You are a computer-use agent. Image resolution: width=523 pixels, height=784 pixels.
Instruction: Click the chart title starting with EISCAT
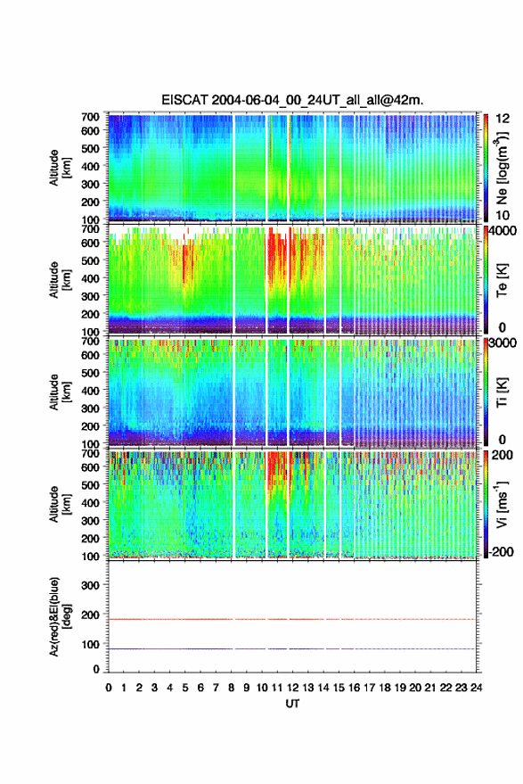(292, 100)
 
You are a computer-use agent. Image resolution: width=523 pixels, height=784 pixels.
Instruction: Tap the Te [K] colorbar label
(502, 280)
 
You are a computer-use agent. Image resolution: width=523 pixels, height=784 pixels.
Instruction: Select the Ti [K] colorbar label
(502, 392)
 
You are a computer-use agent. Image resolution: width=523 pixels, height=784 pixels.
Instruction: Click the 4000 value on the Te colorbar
(502, 230)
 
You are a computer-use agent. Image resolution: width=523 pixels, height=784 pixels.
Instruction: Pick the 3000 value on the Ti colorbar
(502, 343)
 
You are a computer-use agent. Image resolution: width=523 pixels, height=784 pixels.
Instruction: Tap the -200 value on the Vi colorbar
(501, 551)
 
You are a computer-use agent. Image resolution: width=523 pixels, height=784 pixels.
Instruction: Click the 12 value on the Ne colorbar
(503, 119)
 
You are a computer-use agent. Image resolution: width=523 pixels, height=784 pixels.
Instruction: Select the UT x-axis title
(292, 704)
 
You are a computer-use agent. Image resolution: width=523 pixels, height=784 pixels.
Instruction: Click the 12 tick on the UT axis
(293, 688)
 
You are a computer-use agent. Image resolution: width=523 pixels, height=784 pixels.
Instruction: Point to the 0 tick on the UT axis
(109, 688)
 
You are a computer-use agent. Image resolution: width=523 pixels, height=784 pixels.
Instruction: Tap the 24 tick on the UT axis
(476, 688)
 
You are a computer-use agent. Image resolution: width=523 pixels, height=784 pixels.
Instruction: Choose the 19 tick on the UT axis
(400, 688)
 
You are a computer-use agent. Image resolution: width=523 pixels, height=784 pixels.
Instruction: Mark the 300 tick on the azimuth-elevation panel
(90, 585)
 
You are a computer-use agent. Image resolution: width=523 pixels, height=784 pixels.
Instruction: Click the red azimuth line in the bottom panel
(291, 619)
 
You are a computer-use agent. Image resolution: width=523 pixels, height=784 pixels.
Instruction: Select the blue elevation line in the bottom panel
(291, 648)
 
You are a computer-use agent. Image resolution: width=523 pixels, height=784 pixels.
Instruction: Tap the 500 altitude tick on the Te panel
(90, 260)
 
